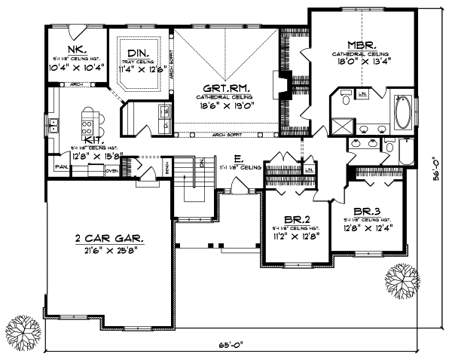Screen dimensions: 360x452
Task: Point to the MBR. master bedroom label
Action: pos(362,44)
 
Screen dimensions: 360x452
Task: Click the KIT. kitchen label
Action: pos(94,140)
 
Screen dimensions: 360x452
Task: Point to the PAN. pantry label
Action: pos(60,166)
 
